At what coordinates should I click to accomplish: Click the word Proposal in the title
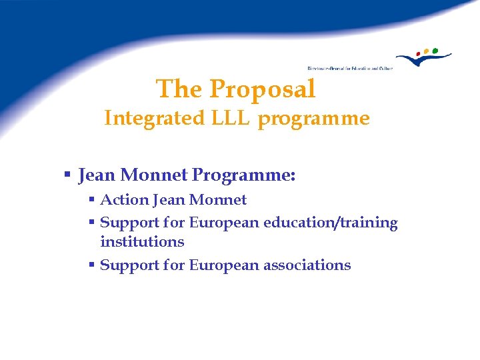point(262,89)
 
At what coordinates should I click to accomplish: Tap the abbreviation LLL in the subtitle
point(232,119)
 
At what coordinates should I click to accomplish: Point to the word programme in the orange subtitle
point(313,119)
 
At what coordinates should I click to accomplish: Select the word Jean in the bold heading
point(97,176)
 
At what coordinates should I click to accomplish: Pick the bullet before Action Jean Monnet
point(93,200)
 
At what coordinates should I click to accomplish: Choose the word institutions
point(142,241)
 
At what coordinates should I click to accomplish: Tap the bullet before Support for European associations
point(93,265)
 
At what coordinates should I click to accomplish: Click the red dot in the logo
point(419,53)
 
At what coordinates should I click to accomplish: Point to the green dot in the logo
point(435,49)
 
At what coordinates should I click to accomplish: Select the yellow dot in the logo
point(427,51)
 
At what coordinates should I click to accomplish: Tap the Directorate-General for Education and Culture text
point(349,68)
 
